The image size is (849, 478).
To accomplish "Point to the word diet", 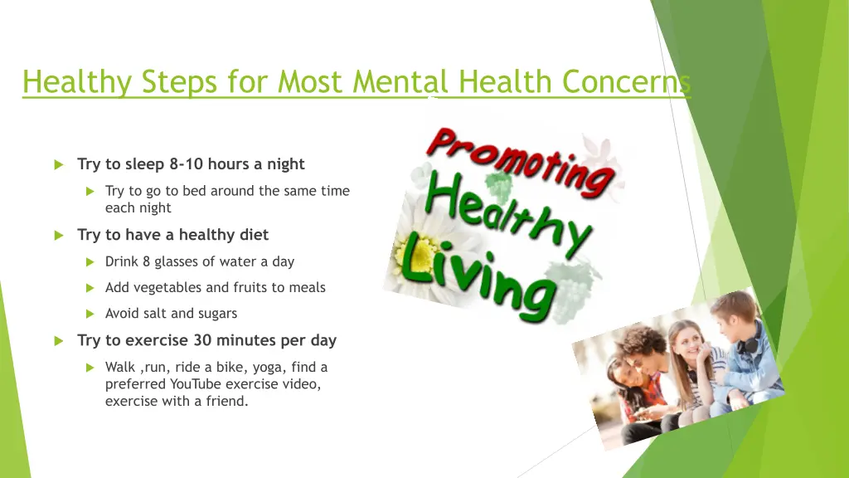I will pyautogui.click(x=253, y=235).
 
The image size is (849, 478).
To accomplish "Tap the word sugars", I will pyautogui.click(x=216, y=314).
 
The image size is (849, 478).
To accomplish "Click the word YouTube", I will pyautogui.click(x=201, y=384).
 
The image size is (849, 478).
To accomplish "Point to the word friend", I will pyautogui.click(x=228, y=402).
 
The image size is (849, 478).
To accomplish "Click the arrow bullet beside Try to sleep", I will pyautogui.click(x=59, y=164).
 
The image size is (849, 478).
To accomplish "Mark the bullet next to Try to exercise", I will pyautogui.click(x=59, y=341).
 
